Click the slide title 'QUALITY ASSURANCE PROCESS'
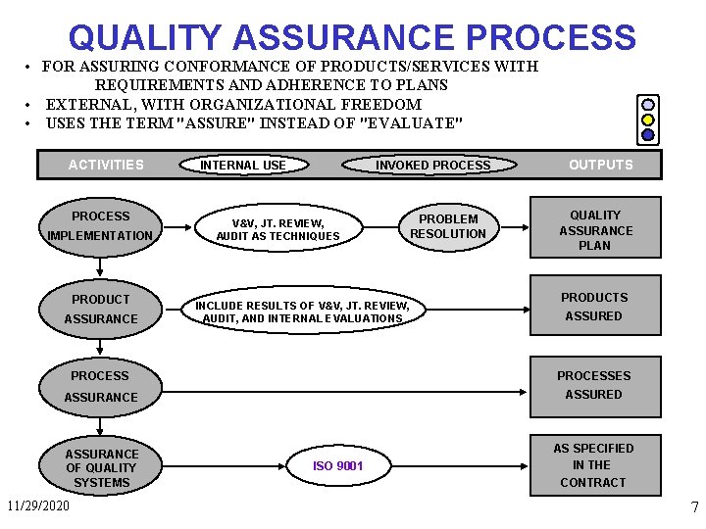click(352, 37)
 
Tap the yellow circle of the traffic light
click(648, 119)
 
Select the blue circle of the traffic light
click(648, 135)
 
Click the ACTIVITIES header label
click(106, 165)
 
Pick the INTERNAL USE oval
click(243, 165)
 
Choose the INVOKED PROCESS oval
click(432, 165)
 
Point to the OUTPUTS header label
click(601, 165)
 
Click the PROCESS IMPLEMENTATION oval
click(100, 225)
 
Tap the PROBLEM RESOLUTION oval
click(448, 226)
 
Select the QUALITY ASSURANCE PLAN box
click(596, 230)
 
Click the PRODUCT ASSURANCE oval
click(101, 309)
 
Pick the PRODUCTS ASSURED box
click(594, 307)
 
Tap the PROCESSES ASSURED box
click(594, 385)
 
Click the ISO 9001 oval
click(337, 465)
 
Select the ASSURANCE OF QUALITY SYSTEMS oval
click(102, 467)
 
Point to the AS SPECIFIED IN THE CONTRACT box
click(593, 465)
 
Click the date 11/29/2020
click(38, 506)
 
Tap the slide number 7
click(694, 507)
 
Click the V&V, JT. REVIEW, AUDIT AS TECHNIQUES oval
click(278, 229)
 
